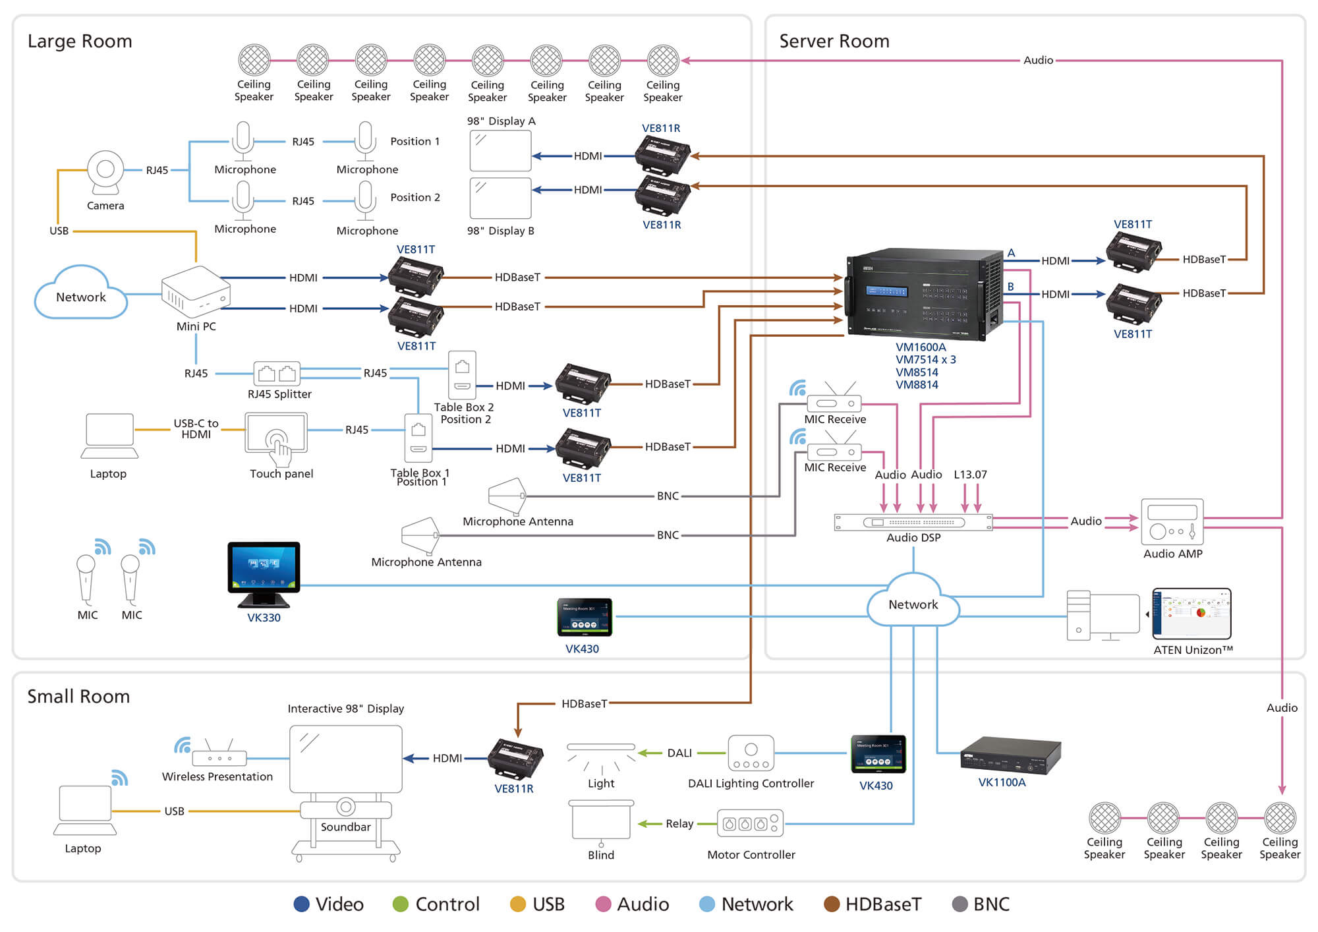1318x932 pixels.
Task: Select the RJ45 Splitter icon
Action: pyautogui.click(x=277, y=374)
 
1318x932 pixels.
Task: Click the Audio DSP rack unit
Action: pyautogui.click(x=913, y=522)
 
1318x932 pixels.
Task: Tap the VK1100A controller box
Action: pyautogui.click(x=1010, y=755)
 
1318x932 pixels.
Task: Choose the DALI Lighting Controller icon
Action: pyautogui.click(x=751, y=753)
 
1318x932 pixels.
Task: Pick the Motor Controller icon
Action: pyautogui.click(x=750, y=823)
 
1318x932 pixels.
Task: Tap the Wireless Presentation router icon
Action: pyautogui.click(x=219, y=757)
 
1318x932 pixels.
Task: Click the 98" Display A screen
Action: pyautogui.click(x=500, y=150)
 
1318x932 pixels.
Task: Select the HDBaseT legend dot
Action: pyautogui.click(x=832, y=904)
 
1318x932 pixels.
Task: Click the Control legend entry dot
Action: pyautogui.click(x=400, y=904)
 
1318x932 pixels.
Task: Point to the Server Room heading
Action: pyautogui.click(x=834, y=41)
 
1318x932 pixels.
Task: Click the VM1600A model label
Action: pyautogui.click(x=921, y=347)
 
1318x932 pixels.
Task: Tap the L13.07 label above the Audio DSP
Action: pyautogui.click(x=970, y=475)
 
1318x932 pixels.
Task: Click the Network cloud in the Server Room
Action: pyautogui.click(x=913, y=603)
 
